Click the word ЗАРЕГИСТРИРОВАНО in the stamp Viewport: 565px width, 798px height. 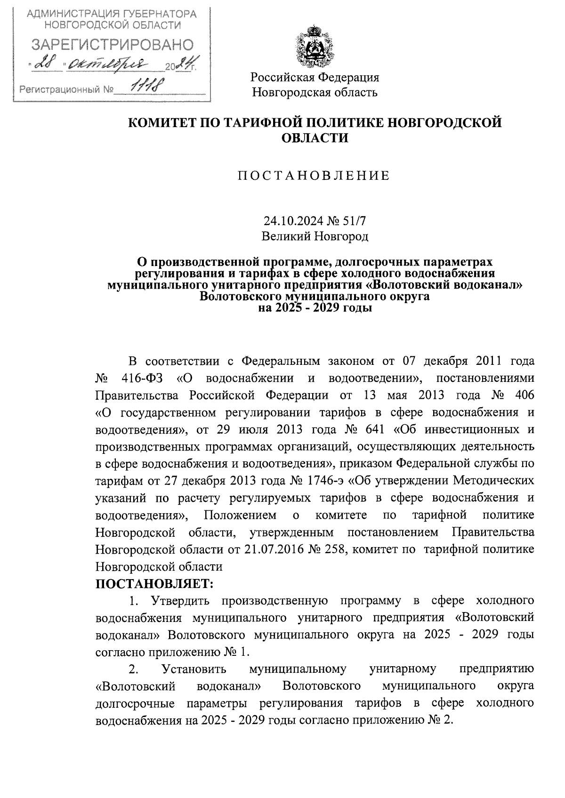[x=112, y=45]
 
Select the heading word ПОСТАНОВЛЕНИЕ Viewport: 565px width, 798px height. [x=314, y=176]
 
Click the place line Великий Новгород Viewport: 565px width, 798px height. [x=315, y=236]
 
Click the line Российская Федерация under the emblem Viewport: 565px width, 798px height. [x=315, y=77]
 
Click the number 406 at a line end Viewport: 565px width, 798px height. [x=524, y=395]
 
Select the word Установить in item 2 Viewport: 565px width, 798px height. [x=194, y=669]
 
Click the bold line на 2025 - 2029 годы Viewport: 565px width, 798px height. [x=315, y=309]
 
